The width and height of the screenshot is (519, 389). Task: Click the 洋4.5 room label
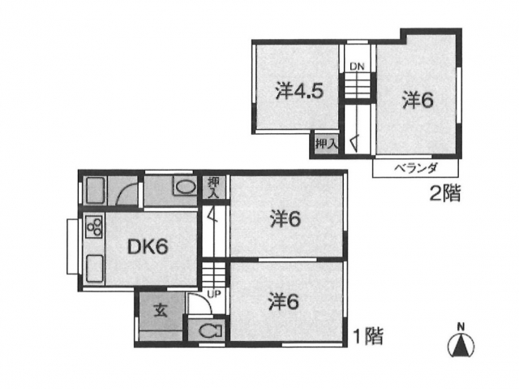[x=299, y=92]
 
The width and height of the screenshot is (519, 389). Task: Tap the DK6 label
[x=148, y=247]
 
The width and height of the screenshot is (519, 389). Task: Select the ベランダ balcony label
[x=416, y=168]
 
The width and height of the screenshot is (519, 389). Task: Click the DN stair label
[x=357, y=67]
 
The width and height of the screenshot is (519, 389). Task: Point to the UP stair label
[x=213, y=293]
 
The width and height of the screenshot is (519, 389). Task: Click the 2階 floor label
[x=445, y=194]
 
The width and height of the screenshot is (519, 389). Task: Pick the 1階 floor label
[x=368, y=336]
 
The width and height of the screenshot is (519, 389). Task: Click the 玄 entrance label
[x=161, y=311]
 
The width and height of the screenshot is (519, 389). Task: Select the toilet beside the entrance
[x=210, y=331]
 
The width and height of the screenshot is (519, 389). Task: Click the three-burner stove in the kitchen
[x=94, y=227]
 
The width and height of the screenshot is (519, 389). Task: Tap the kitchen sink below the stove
[x=94, y=269]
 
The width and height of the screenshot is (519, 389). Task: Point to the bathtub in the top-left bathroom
[x=96, y=191]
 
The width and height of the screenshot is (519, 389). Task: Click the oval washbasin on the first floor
[x=185, y=188]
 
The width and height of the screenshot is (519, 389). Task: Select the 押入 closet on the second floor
[x=326, y=144]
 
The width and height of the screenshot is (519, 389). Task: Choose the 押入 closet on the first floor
[x=214, y=188]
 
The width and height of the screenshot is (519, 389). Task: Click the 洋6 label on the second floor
[x=418, y=100]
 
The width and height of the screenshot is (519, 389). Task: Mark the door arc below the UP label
[x=202, y=300]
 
